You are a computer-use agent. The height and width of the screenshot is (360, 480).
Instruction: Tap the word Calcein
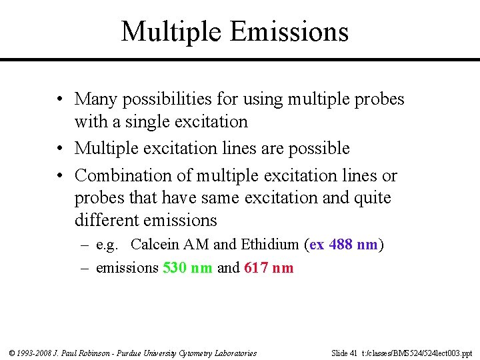pyautogui.click(x=158, y=245)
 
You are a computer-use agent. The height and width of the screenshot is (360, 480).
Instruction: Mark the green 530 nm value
pyautogui.click(x=187, y=268)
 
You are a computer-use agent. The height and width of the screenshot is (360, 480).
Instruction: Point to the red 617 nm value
pyautogui.click(x=269, y=268)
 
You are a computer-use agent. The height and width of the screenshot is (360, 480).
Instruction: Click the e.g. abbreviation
pyautogui.click(x=107, y=245)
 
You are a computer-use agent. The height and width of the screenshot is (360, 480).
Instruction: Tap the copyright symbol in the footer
pyautogui.click(x=11, y=353)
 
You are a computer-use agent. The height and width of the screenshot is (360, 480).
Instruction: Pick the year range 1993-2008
pyautogui.click(x=34, y=353)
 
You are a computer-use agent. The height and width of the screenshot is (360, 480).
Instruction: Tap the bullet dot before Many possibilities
pyautogui.click(x=60, y=100)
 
